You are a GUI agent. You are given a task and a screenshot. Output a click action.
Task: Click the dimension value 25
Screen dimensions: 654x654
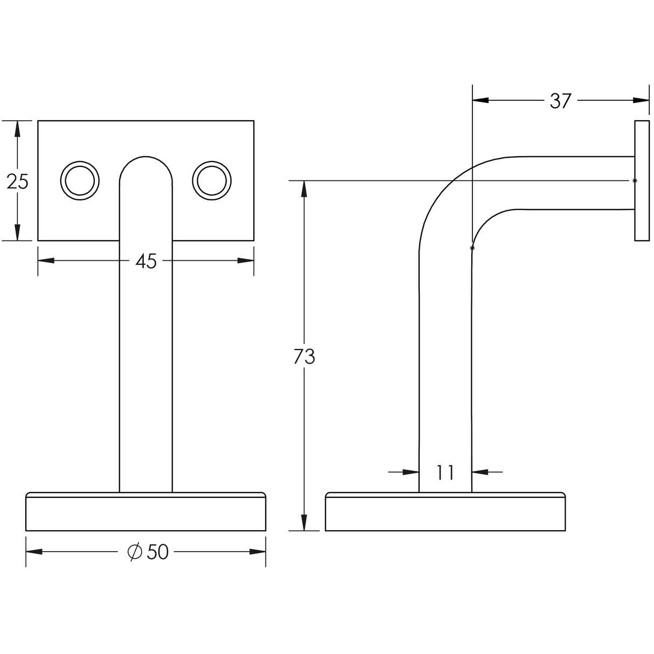[x=17, y=182]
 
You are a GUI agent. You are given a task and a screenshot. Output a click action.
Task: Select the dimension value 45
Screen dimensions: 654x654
[x=145, y=261]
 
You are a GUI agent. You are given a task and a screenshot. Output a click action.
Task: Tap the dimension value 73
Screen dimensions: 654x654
[x=304, y=357]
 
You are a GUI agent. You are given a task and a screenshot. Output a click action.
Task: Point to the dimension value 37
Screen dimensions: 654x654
[x=560, y=101]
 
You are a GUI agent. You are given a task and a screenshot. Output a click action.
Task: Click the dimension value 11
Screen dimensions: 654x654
[x=445, y=472]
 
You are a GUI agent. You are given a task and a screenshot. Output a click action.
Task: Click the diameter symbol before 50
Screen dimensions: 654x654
[x=134, y=552]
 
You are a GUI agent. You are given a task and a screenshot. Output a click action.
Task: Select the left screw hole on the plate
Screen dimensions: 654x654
[x=80, y=179]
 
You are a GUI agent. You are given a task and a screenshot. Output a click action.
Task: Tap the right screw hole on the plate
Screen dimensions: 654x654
[x=212, y=179]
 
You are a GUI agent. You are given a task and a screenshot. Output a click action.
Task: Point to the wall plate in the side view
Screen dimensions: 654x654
[x=642, y=180]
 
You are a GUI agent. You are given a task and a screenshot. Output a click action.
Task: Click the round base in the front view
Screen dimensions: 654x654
[x=146, y=512]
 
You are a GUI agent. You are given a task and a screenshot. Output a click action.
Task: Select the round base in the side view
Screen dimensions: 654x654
[x=445, y=512]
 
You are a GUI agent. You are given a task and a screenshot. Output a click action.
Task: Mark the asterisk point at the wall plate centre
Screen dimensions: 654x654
[x=635, y=181]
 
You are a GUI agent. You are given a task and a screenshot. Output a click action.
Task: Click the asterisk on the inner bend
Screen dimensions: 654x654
[x=472, y=248]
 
